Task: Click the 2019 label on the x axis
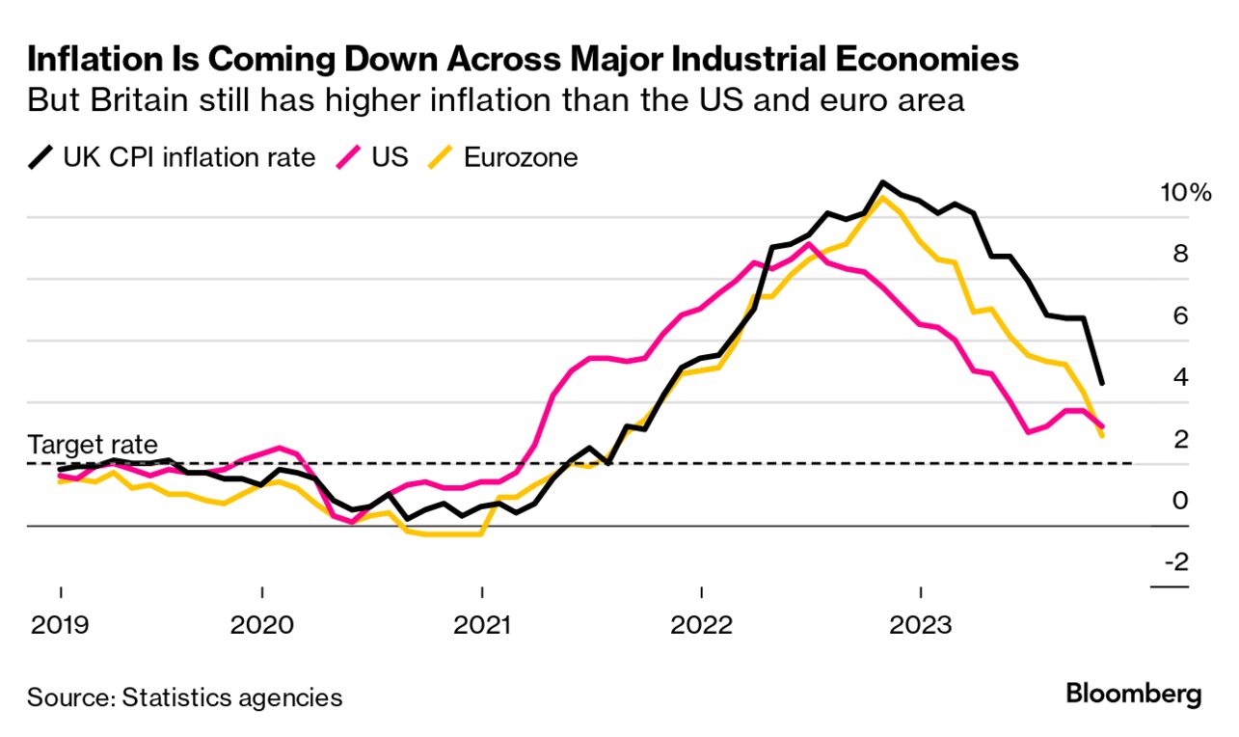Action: tap(60, 625)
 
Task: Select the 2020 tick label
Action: tap(262, 625)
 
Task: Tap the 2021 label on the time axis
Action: tap(482, 625)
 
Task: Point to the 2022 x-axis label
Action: tap(702, 625)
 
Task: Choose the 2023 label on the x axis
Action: tap(921, 625)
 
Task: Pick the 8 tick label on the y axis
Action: tap(1180, 255)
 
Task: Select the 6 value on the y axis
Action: tap(1180, 316)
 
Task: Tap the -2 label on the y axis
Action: tap(1175, 562)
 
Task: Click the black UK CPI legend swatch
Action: tap(41, 157)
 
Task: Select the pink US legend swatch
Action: tap(349, 157)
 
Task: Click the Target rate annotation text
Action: tap(93, 445)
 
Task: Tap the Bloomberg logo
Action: tap(1134, 694)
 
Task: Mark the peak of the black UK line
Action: tap(881, 182)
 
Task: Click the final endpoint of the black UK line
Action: tap(1101, 384)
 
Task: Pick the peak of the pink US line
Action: tap(810, 244)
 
